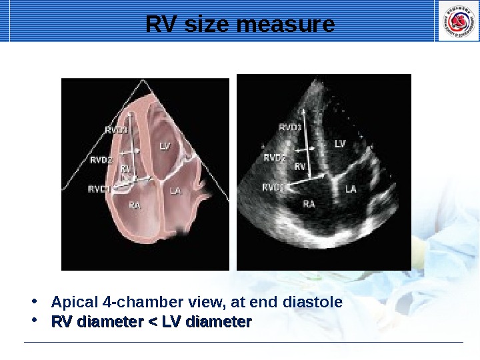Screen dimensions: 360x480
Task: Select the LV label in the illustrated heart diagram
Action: [x=165, y=145]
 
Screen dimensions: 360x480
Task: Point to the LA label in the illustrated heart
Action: [x=175, y=191]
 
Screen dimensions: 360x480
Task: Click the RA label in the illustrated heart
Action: [x=135, y=206]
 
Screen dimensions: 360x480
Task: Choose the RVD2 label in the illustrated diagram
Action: [x=101, y=160]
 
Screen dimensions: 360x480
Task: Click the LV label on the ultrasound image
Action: [x=340, y=143]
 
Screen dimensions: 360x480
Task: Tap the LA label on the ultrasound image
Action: [x=351, y=189]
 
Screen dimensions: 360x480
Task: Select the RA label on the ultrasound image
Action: [x=309, y=203]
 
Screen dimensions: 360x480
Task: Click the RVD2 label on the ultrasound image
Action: [x=275, y=158]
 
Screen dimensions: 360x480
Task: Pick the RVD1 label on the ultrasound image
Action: [x=273, y=187]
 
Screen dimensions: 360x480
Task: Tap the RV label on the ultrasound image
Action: [x=300, y=166]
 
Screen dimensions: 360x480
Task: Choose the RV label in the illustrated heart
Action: [x=125, y=169]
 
